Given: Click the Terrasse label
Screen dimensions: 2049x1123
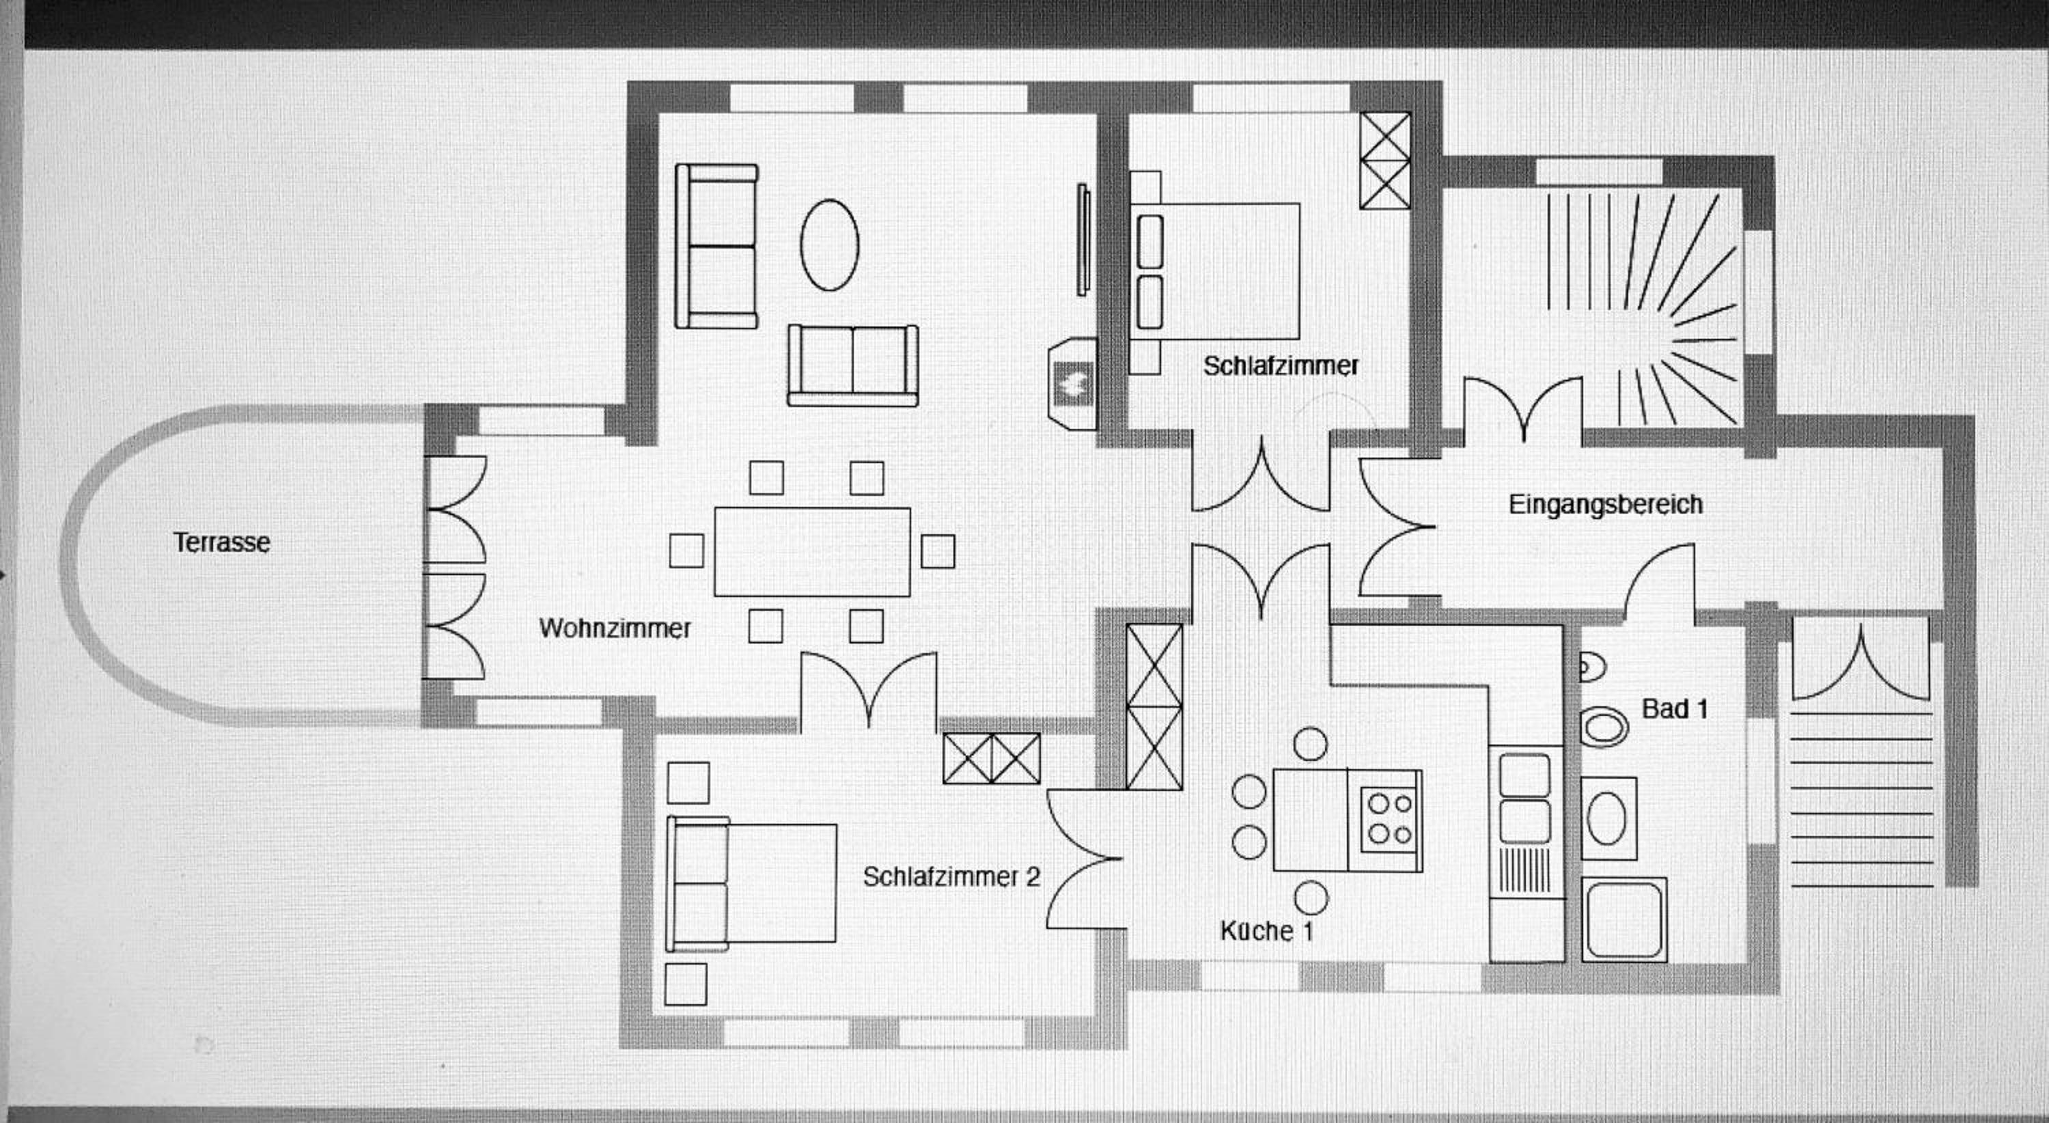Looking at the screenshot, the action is pyautogui.click(x=222, y=542).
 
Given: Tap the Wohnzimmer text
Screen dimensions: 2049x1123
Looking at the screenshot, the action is pyautogui.click(x=615, y=628).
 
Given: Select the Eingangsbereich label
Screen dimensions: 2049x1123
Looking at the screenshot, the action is pyautogui.click(x=1605, y=504).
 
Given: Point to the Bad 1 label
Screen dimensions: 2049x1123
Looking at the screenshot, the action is pyautogui.click(x=1674, y=708).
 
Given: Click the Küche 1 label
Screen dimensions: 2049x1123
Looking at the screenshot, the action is pyautogui.click(x=1266, y=930).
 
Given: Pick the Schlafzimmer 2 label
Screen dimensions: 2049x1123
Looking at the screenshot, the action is pyautogui.click(x=951, y=876).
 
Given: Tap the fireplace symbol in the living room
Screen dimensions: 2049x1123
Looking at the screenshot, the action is pyautogui.click(x=1072, y=384).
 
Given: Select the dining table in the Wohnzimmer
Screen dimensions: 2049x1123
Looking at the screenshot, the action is pyautogui.click(x=812, y=552).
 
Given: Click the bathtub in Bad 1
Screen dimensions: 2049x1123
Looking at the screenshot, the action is pyautogui.click(x=1608, y=818).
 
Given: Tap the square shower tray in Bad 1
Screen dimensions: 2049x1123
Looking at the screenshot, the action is pyautogui.click(x=1623, y=919).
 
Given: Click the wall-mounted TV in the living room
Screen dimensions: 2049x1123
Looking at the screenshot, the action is pyautogui.click(x=1083, y=239).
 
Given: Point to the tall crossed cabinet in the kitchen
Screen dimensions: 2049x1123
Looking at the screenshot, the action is pyautogui.click(x=1155, y=706).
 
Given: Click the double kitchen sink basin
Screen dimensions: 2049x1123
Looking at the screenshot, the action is pyautogui.click(x=1525, y=798).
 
